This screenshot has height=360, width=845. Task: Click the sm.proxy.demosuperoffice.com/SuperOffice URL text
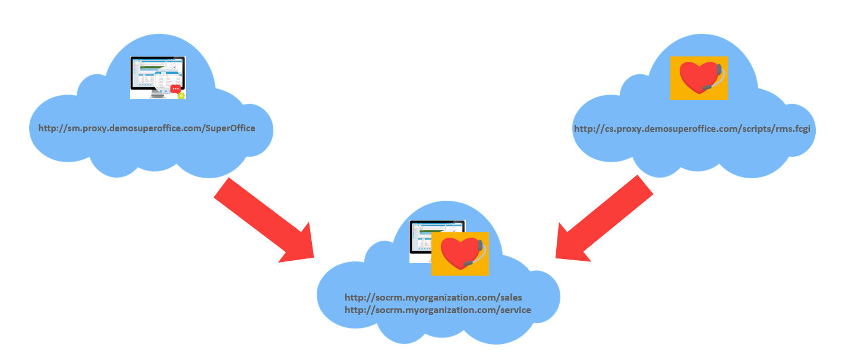point(147,128)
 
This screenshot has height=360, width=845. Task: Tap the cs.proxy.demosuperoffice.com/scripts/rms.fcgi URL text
point(692,129)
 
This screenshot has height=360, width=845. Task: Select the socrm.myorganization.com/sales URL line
point(433,298)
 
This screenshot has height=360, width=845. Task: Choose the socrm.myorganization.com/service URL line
point(438,310)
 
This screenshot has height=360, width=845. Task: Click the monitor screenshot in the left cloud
point(158,78)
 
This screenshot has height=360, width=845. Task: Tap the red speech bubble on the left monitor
point(175,89)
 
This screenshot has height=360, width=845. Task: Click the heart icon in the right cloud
point(699,78)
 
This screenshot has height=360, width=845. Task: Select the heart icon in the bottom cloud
point(460,254)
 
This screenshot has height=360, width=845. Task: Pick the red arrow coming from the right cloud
point(604,219)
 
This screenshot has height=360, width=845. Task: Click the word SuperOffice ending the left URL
point(230,128)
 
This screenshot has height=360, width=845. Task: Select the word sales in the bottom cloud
point(511,298)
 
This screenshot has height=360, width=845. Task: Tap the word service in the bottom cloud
point(516,310)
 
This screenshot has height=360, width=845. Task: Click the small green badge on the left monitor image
point(181,96)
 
